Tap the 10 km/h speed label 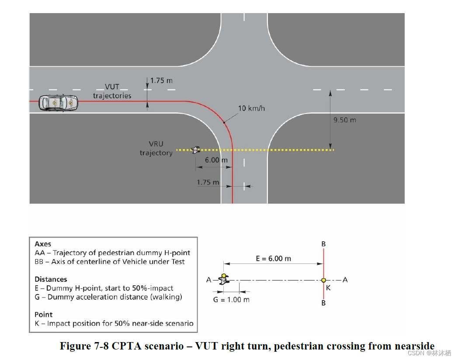[251, 108]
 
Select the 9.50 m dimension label [344, 120]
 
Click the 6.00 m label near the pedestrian [216, 160]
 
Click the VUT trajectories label [112, 91]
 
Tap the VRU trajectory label [156, 149]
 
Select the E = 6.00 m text [273, 258]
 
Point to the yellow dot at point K [323, 280]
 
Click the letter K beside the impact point [328, 287]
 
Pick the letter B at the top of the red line [323, 244]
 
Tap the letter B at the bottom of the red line [323, 303]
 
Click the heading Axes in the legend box [43, 244]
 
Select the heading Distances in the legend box [51, 279]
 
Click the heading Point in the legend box [43, 315]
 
